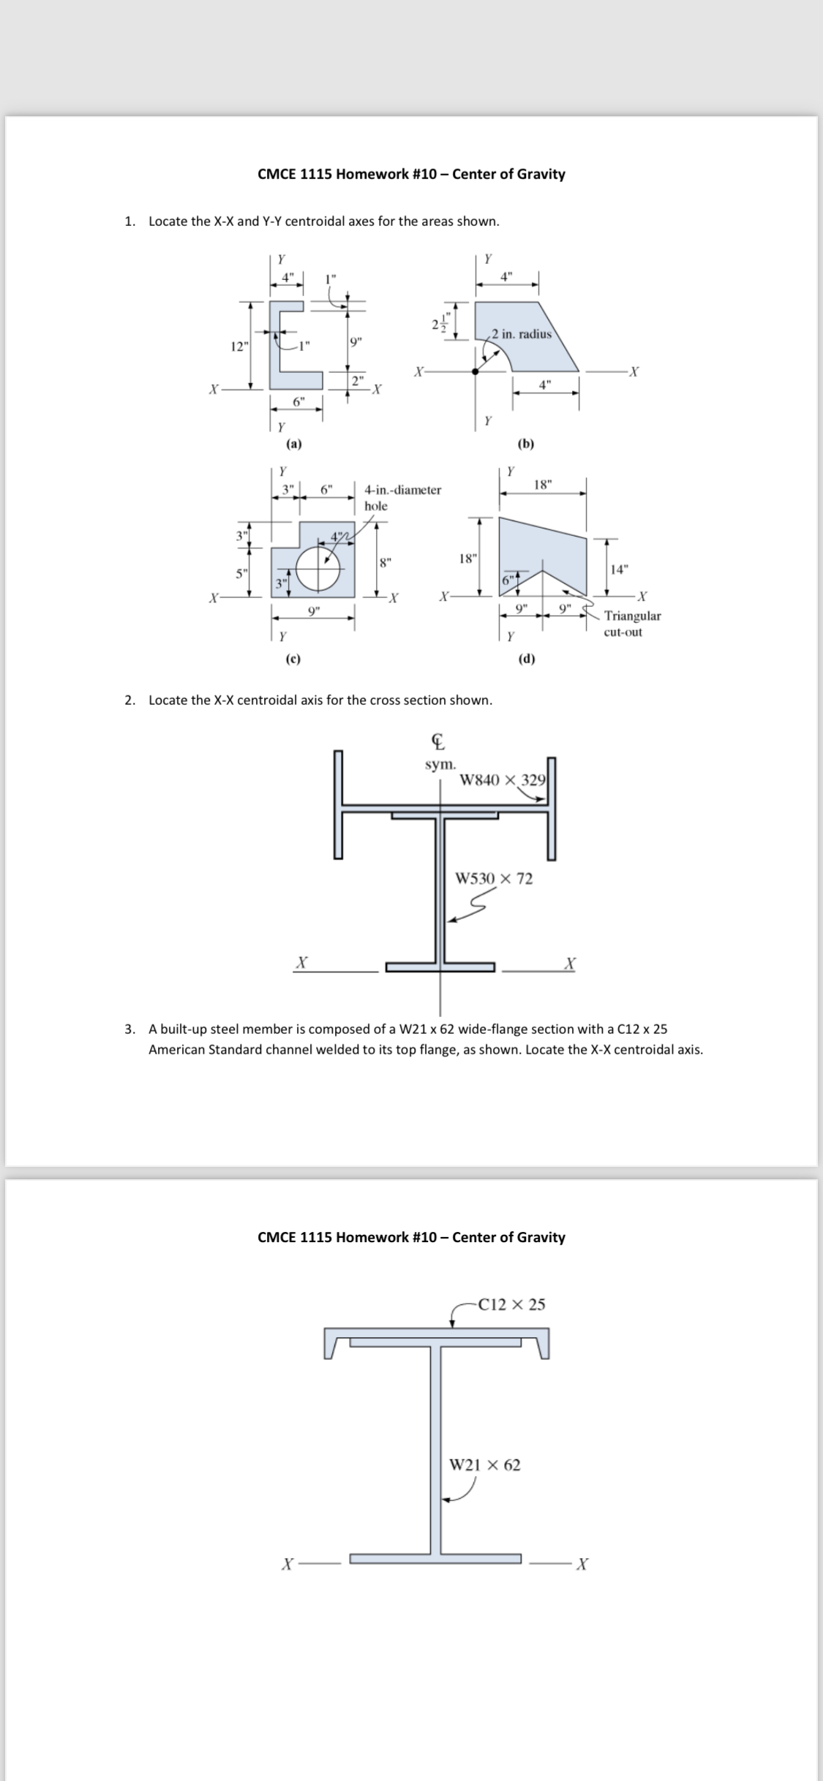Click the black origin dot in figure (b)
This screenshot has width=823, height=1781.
(x=476, y=371)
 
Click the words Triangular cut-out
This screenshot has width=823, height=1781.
(x=632, y=624)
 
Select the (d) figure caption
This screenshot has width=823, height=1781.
(x=526, y=659)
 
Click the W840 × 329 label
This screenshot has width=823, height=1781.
(x=503, y=779)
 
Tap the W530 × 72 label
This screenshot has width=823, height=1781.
(x=494, y=878)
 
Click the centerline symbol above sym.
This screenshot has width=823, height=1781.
(x=438, y=743)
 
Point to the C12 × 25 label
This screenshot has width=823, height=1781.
(x=511, y=1304)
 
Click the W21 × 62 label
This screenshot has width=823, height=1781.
(x=484, y=1464)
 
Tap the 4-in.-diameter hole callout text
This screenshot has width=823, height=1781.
(x=402, y=497)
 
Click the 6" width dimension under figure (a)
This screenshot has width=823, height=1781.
(x=298, y=401)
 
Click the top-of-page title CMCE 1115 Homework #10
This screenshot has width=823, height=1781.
(x=411, y=174)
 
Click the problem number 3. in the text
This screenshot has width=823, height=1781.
(x=129, y=1029)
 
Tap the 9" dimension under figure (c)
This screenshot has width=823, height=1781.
(x=313, y=610)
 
